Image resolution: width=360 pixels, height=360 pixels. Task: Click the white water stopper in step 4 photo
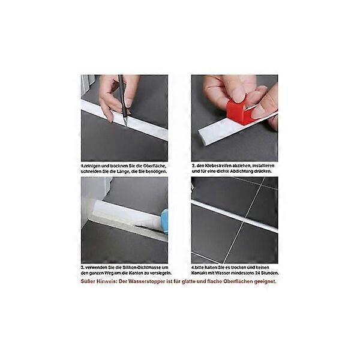point(234,216)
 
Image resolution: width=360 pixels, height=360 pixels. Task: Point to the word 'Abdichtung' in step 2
point(243,171)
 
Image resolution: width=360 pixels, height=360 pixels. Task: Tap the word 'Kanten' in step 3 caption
point(132,274)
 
